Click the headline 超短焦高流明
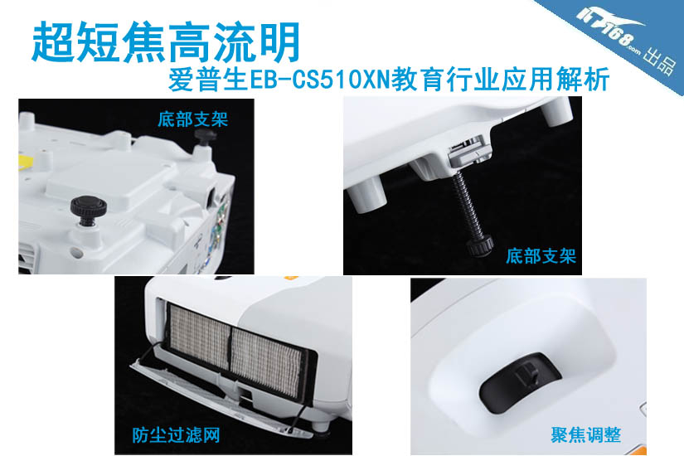tap(166, 42)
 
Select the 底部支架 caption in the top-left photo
tap(193, 119)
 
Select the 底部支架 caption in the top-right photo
tap(541, 256)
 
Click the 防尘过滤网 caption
tap(177, 435)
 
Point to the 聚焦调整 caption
tap(586, 434)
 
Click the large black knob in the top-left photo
tap(88, 208)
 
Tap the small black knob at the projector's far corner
tap(205, 137)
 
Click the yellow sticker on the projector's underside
tap(26, 163)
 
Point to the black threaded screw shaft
tap(468, 204)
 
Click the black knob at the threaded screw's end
tap(479, 245)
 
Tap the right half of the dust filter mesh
tap(265, 361)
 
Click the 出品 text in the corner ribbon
tap(660, 62)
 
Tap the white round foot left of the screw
tap(370, 196)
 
